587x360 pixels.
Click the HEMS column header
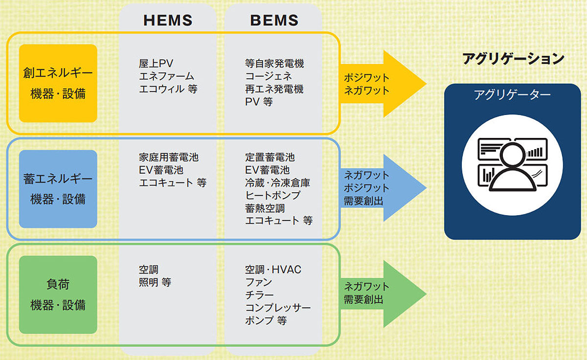click(x=168, y=20)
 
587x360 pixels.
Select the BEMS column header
click(x=274, y=20)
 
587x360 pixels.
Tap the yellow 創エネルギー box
click(x=58, y=83)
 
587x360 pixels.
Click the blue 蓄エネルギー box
click(x=58, y=189)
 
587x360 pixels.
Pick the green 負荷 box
click(x=58, y=295)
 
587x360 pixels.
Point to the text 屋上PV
click(x=156, y=64)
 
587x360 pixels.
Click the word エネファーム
click(x=166, y=76)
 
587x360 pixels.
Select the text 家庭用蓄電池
click(x=169, y=157)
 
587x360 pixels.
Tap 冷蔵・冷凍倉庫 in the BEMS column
click(x=277, y=182)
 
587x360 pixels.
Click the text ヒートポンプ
click(x=272, y=196)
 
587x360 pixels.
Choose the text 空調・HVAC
click(x=273, y=270)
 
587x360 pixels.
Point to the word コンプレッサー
click(x=278, y=308)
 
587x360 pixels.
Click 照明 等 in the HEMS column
click(x=155, y=282)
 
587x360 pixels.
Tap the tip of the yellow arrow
click(x=427, y=84)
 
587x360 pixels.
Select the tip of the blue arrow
click(x=427, y=188)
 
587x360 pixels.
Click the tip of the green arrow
click(x=427, y=294)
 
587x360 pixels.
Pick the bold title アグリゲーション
click(x=513, y=58)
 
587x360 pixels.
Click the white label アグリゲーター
click(x=512, y=94)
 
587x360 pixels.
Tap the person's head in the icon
click(x=513, y=155)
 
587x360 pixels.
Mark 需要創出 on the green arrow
click(x=363, y=299)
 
